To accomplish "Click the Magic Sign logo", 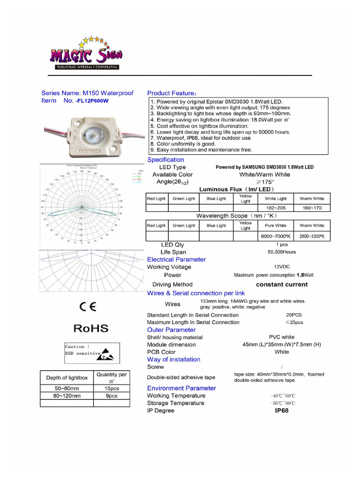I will tap(86, 53).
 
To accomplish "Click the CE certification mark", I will tap(88, 307).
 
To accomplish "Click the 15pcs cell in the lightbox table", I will tap(111, 389).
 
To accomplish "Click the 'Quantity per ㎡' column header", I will tap(111, 378).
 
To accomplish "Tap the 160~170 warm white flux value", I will tap(312, 208).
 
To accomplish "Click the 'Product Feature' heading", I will tap(172, 93).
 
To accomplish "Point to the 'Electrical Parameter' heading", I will tap(176, 259).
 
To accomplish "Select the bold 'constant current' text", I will tap(282, 285).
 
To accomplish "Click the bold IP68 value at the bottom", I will tap(282, 411).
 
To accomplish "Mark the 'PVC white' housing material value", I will tap(282, 337).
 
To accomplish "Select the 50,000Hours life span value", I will tap(282, 252).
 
